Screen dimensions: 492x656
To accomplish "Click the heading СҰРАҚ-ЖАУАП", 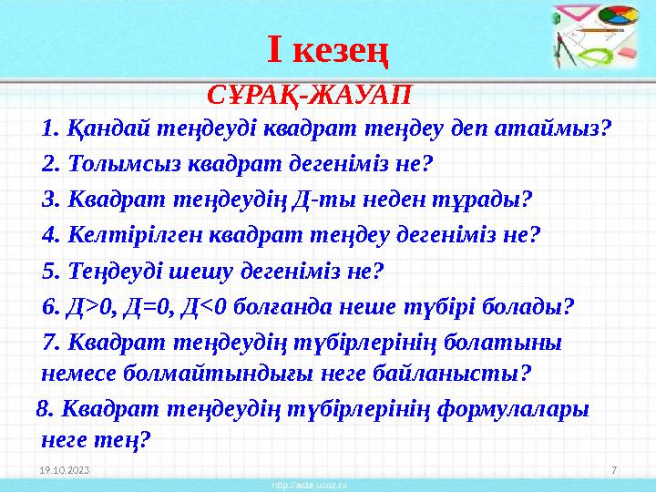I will [310, 94].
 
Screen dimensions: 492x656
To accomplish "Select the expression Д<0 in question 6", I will [203, 307].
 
